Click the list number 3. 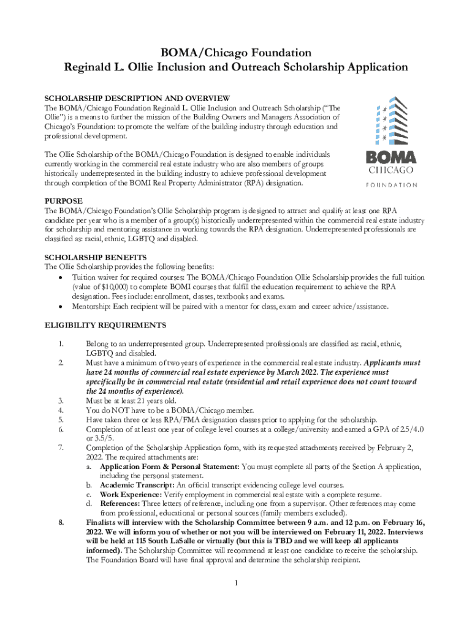pyautogui.click(x=61, y=400)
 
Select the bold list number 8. pyautogui.click(x=61, y=522)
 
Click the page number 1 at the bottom pyautogui.click(x=236, y=582)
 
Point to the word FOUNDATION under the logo pyautogui.click(x=391, y=184)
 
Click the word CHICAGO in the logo pyautogui.click(x=390, y=170)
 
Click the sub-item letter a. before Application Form pyautogui.click(x=89, y=467)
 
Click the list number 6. pyautogui.click(x=61, y=429)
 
